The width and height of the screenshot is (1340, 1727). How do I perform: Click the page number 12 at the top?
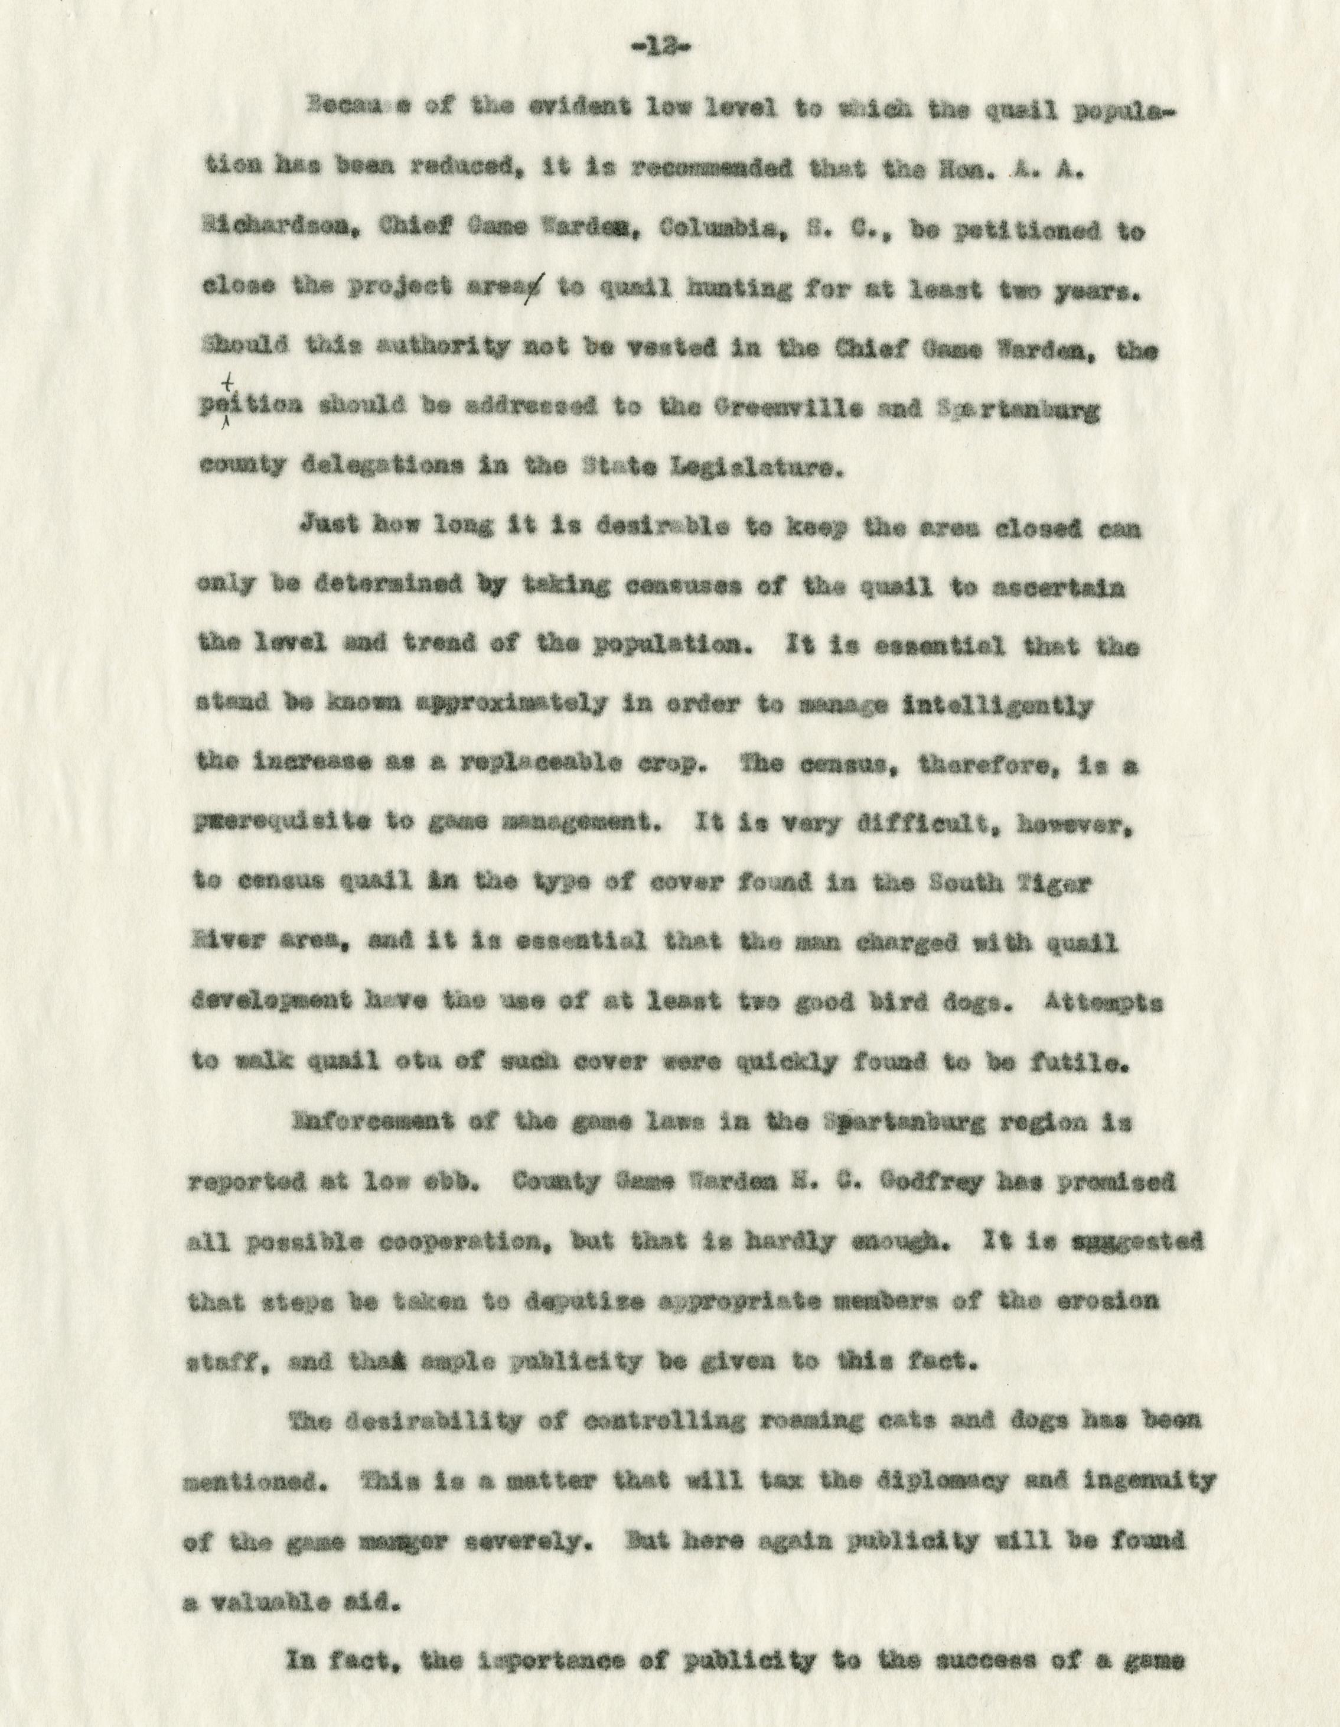tap(669, 49)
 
